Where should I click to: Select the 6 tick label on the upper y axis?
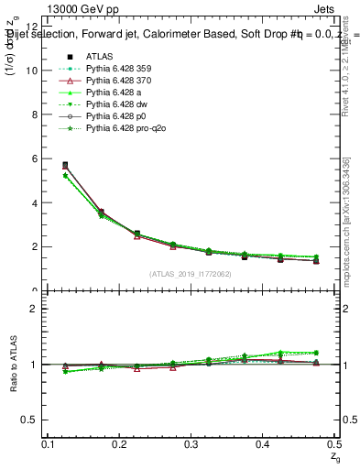click(x=36, y=158)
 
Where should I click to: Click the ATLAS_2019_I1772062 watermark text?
click(x=191, y=274)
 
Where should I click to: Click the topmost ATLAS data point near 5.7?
click(x=64, y=165)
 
